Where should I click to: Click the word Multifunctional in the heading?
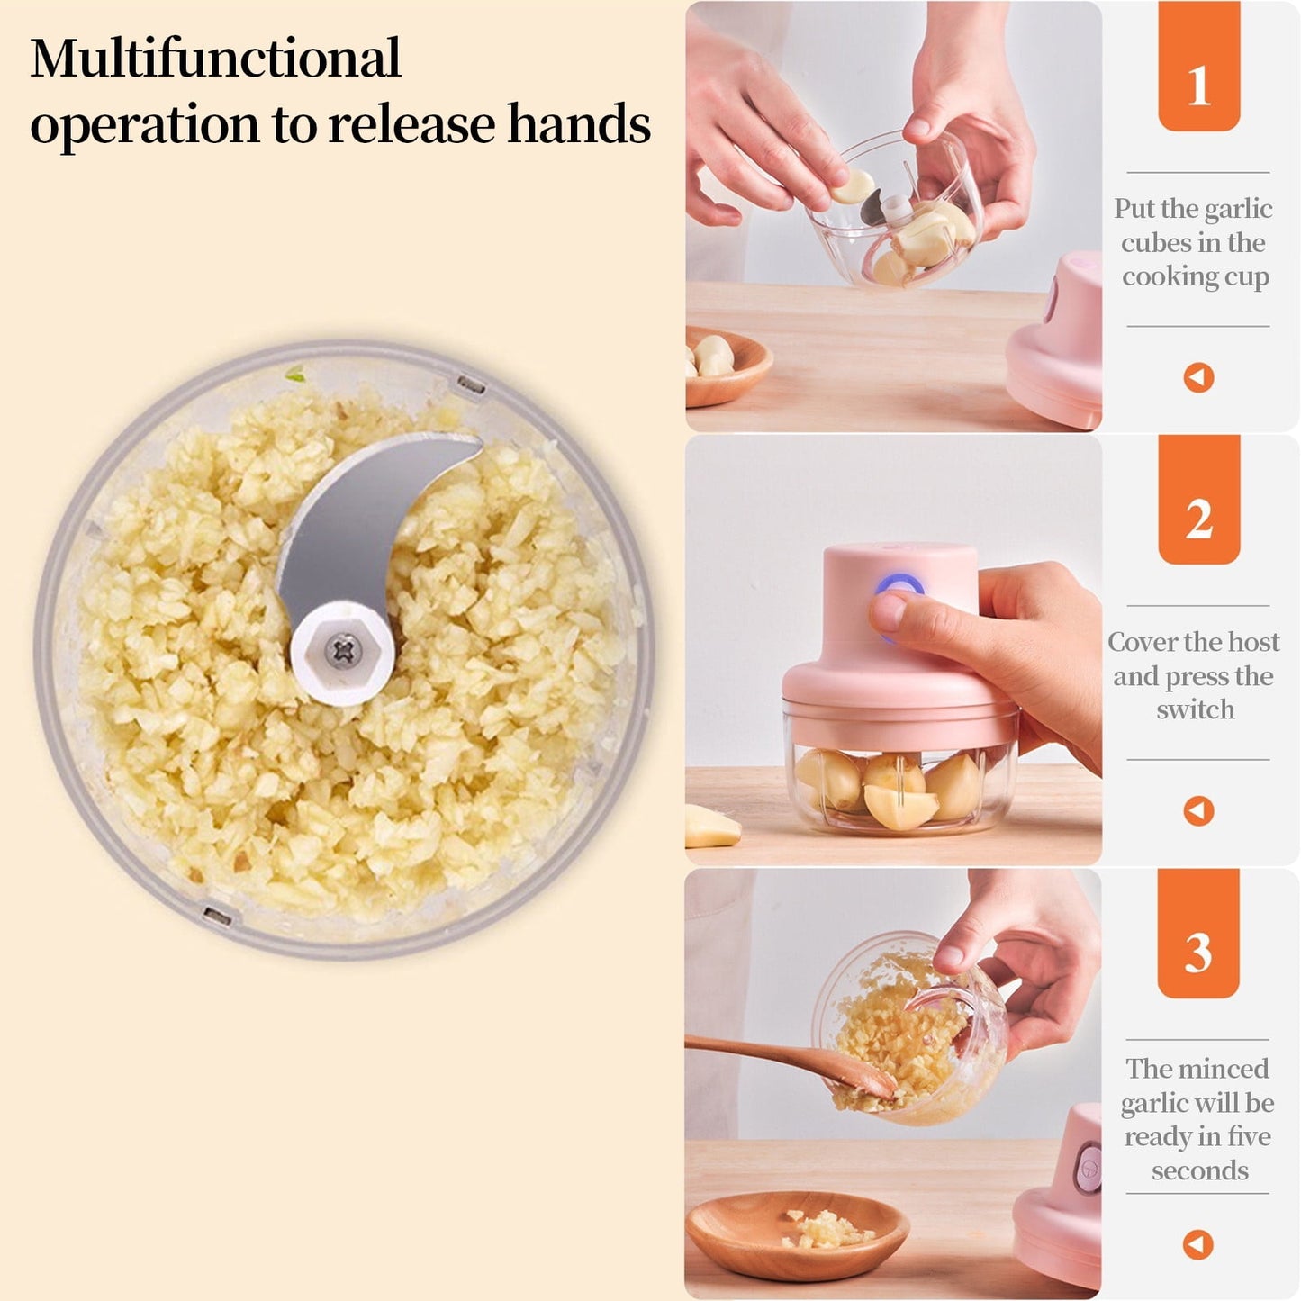tap(215, 59)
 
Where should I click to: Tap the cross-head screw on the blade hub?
tap(342, 648)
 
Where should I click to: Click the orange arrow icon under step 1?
tap(1198, 377)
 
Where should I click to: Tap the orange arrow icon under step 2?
tap(1198, 810)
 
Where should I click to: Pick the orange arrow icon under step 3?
tap(1197, 1244)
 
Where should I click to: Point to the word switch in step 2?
tap(1195, 709)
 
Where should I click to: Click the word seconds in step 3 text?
tap(1199, 1170)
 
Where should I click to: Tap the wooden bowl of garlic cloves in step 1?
tap(725, 365)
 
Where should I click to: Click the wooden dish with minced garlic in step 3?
tap(797, 1233)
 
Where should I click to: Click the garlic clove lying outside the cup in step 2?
tap(711, 827)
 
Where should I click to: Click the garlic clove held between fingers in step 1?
tap(854, 186)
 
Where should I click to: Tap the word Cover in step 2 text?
tap(1142, 642)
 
